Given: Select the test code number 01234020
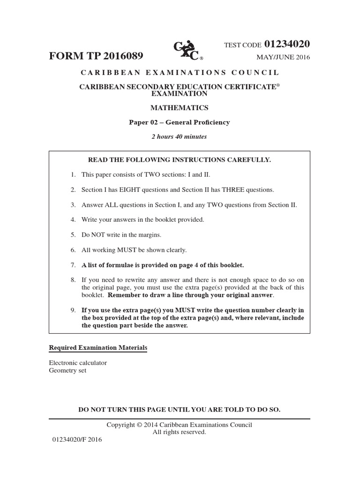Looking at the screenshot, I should (x=287, y=44).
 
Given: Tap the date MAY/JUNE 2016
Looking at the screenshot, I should (x=283, y=58).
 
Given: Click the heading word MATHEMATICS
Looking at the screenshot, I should (x=179, y=108).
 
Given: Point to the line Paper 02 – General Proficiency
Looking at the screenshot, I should (x=180, y=122).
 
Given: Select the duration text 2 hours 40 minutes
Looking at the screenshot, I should (x=179, y=137).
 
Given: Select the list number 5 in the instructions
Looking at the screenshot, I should (x=73, y=235).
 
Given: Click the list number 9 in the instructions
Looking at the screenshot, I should (x=73, y=310).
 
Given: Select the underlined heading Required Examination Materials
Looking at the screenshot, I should (x=98, y=348).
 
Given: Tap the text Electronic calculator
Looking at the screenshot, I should (x=78, y=363).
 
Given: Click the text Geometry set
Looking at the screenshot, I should (x=67, y=370).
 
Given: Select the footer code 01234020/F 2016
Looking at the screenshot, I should (x=75, y=440).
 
